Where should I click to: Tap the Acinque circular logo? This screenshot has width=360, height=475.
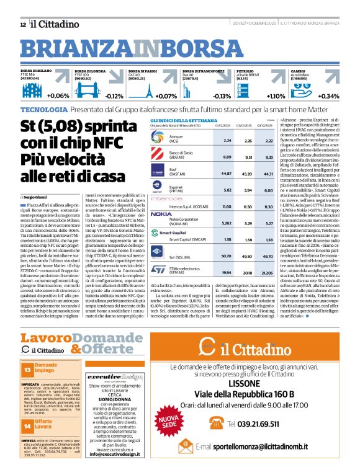click(160, 140)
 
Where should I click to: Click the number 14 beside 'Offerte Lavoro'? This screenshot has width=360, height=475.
click(27, 407)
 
